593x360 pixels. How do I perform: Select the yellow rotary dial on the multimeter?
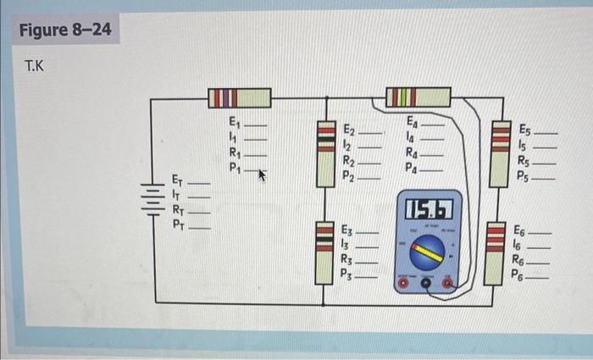[428, 252]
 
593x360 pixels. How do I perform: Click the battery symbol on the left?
[151, 201]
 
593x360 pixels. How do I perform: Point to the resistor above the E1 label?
[240, 97]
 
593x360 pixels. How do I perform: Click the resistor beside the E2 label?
[326, 152]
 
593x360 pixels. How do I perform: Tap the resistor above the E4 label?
[417, 97]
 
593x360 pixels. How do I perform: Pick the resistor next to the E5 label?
[502, 152]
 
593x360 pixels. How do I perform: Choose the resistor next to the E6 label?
[496, 252]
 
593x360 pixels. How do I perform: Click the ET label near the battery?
[177, 180]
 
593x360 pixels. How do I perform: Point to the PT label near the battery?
[178, 224]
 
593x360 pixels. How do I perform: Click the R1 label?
[236, 153]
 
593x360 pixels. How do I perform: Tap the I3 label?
[345, 244]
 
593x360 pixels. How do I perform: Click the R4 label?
[413, 153]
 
